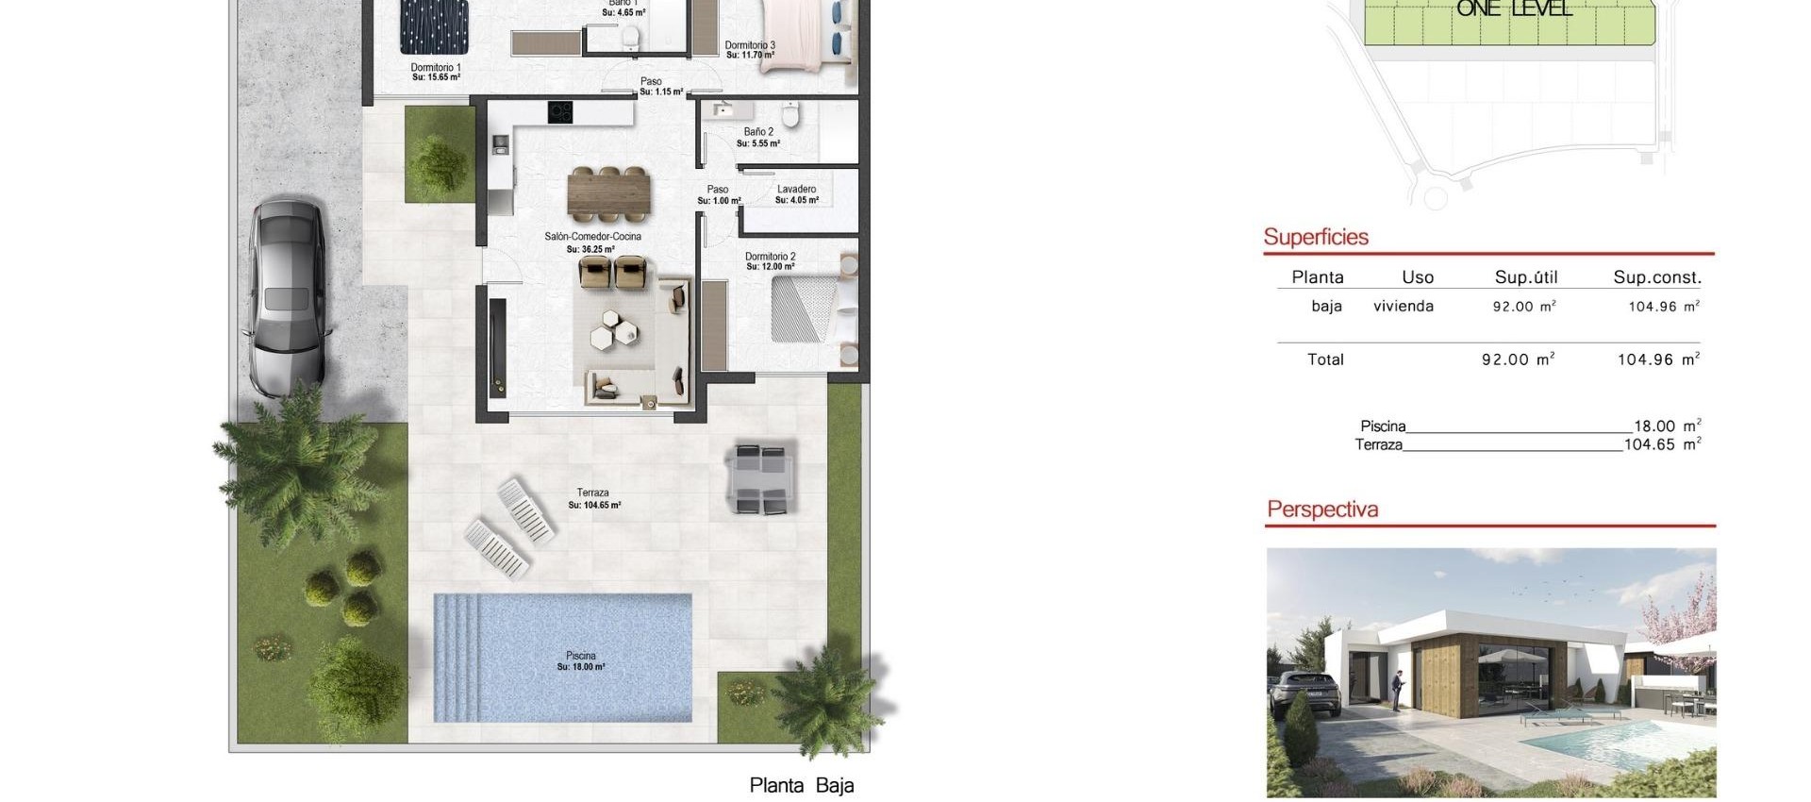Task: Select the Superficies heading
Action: click(x=1315, y=237)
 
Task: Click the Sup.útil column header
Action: click(x=1525, y=277)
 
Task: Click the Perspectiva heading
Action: click(x=1321, y=510)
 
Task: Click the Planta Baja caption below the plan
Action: click(x=801, y=785)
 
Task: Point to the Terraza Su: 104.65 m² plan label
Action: click(x=593, y=498)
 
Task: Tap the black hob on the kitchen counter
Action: click(x=560, y=111)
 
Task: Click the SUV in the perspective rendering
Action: click(x=1310, y=698)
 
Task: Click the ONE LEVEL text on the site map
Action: click(x=1514, y=8)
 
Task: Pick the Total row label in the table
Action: click(x=1324, y=359)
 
